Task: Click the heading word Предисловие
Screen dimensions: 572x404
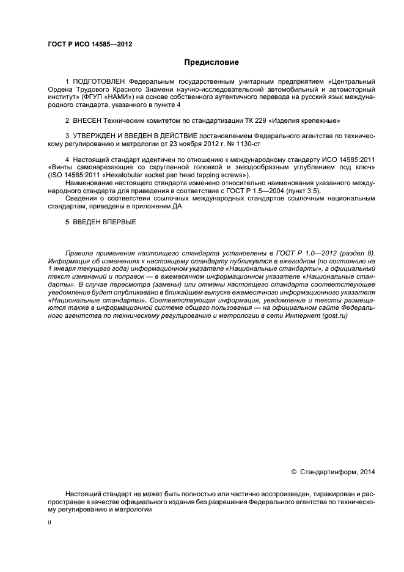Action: tap(211, 62)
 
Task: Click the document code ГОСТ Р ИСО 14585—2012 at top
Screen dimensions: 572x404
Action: tap(90, 44)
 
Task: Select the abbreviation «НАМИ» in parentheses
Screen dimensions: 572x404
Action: tap(117, 97)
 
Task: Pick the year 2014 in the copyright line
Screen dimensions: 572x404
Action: tap(367, 471)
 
